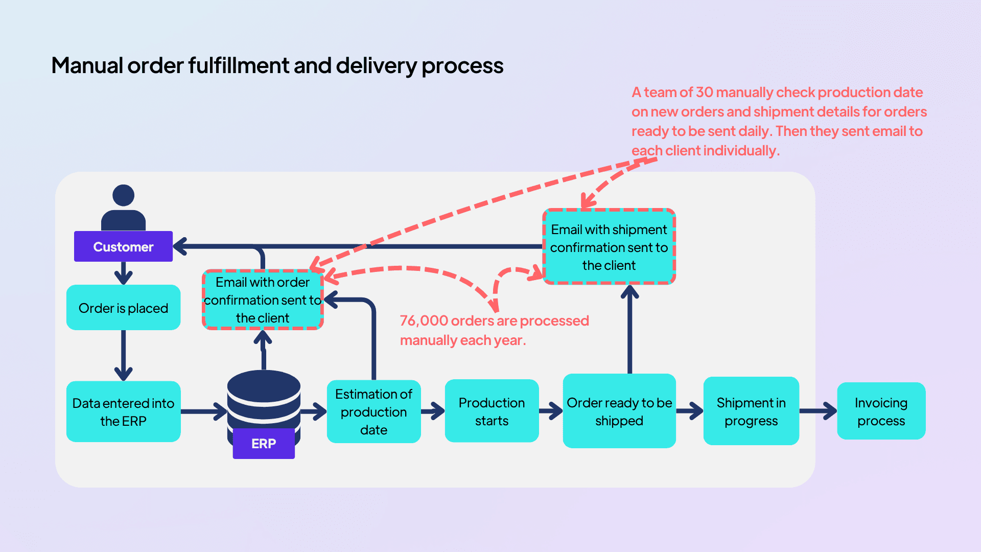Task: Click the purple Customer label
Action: tap(123, 247)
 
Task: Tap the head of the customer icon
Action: tap(123, 195)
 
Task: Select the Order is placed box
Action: tap(123, 308)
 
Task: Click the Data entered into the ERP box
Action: tap(123, 412)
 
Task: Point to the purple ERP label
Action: tap(264, 444)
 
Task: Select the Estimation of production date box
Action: tap(373, 412)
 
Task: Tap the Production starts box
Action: tap(492, 411)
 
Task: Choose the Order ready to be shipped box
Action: tap(619, 411)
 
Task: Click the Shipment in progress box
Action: tap(751, 411)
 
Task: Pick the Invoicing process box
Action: tap(881, 411)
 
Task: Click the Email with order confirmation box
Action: tap(263, 300)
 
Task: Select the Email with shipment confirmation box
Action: tap(609, 247)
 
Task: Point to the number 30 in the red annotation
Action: tap(704, 93)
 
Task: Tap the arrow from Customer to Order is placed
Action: tap(124, 273)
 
